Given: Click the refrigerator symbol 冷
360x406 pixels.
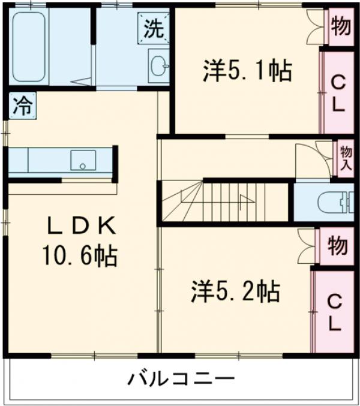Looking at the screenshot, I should (22, 106).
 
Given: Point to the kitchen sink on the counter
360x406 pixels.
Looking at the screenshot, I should (83, 160).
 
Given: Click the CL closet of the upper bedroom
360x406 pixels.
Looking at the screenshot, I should (337, 92).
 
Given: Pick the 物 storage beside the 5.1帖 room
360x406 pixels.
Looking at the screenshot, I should (341, 28).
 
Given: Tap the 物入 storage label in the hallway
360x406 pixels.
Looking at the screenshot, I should (345, 157).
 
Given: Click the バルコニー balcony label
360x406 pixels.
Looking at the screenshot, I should (180, 379).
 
